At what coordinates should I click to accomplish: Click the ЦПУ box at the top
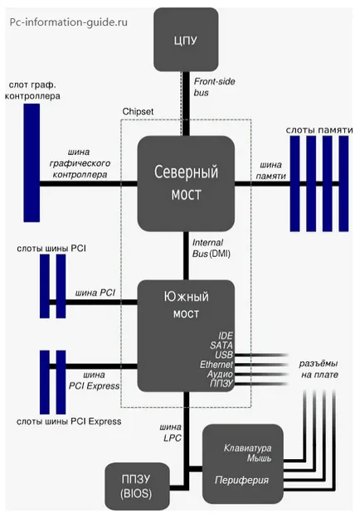186,40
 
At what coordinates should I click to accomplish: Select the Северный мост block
186,183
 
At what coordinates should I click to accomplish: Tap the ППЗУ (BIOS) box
137,487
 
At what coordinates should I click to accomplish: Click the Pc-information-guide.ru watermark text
68,22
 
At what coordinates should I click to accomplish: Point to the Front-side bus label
214,87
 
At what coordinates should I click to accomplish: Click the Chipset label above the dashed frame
138,112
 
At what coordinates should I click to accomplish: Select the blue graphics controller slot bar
32,162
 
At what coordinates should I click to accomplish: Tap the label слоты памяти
319,130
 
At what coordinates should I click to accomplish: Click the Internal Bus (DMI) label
212,248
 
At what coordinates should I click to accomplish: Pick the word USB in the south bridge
224,355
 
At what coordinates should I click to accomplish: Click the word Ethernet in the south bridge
216,365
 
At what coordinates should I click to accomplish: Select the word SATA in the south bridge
221,346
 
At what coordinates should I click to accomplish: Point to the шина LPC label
171,433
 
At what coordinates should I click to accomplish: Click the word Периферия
241,480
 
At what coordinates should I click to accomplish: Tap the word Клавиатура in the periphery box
247,448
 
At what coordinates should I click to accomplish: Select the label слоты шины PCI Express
69,422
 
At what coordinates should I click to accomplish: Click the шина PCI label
95,293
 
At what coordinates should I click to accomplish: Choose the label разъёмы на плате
319,369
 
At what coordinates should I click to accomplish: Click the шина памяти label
270,170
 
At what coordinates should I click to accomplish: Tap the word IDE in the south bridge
226,336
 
